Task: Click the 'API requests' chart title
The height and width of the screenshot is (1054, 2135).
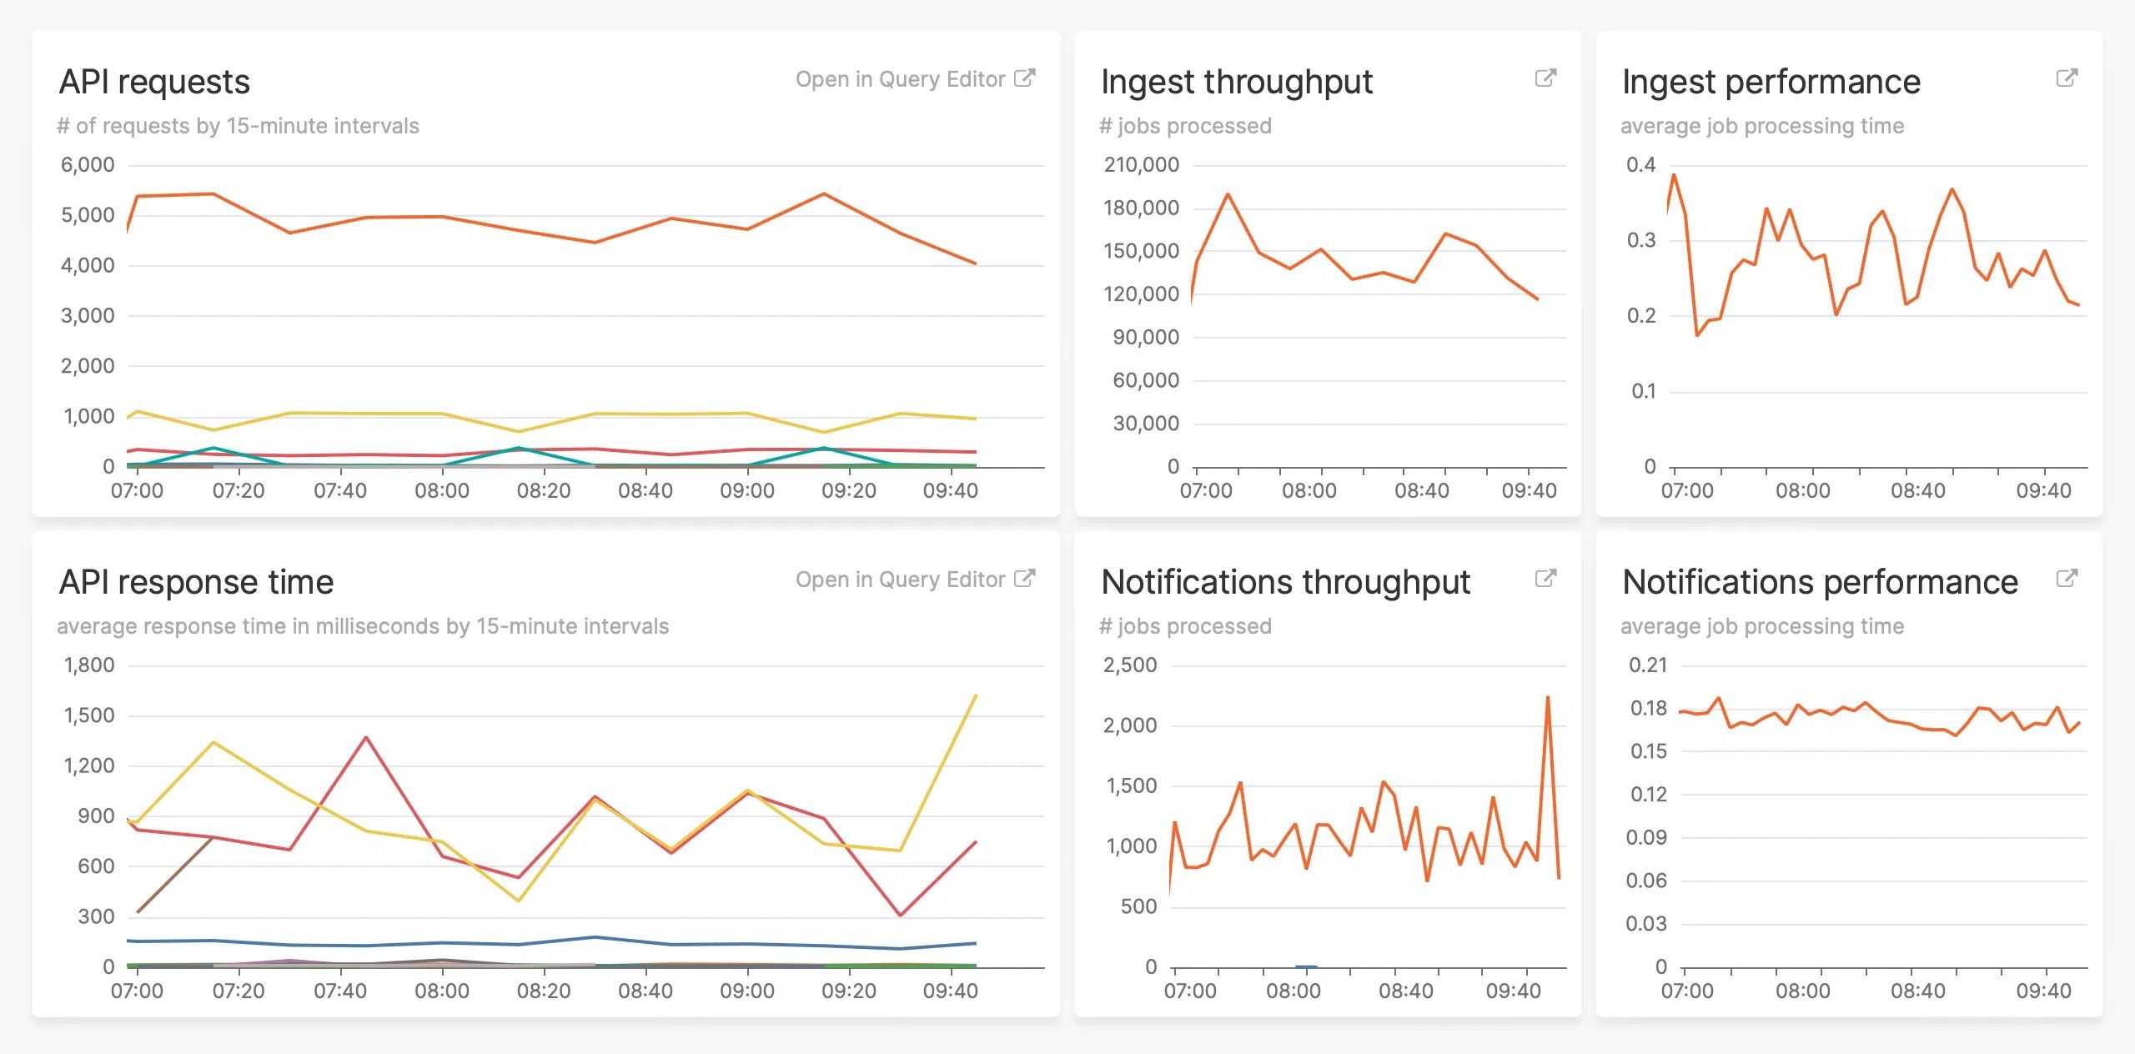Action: click(x=154, y=82)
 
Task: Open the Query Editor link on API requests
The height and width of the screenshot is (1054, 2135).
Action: click(x=914, y=79)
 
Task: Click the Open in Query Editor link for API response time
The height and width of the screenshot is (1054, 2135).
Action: click(x=914, y=580)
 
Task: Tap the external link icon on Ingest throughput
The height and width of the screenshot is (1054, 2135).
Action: click(x=1545, y=78)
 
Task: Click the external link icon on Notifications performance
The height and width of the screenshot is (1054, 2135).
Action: click(x=2067, y=579)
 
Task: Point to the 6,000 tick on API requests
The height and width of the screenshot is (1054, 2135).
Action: click(x=88, y=165)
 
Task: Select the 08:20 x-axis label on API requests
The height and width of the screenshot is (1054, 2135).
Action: click(x=544, y=490)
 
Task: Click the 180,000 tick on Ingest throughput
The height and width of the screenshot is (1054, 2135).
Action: click(x=1141, y=208)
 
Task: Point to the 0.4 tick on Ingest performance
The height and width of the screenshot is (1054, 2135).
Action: click(x=1640, y=165)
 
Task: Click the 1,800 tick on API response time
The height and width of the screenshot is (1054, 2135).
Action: click(x=89, y=665)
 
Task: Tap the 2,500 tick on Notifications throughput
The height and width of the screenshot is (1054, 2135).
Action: click(x=1130, y=665)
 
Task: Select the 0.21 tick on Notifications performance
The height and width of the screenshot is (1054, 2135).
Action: click(x=1648, y=665)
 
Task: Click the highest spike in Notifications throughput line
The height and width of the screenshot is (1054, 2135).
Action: click(x=1548, y=697)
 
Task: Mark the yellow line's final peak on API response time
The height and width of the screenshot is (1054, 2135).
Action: click(x=976, y=695)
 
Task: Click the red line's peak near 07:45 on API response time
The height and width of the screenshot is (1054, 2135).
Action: click(x=366, y=737)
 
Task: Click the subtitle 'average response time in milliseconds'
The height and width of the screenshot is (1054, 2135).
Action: click(x=363, y=626)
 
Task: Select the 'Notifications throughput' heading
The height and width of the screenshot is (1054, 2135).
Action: click(x=1285, y=582)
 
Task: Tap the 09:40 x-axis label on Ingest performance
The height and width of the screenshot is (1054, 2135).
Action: click(x=2043, y=490)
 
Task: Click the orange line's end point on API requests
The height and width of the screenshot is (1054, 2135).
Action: click(x=976, y=263)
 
